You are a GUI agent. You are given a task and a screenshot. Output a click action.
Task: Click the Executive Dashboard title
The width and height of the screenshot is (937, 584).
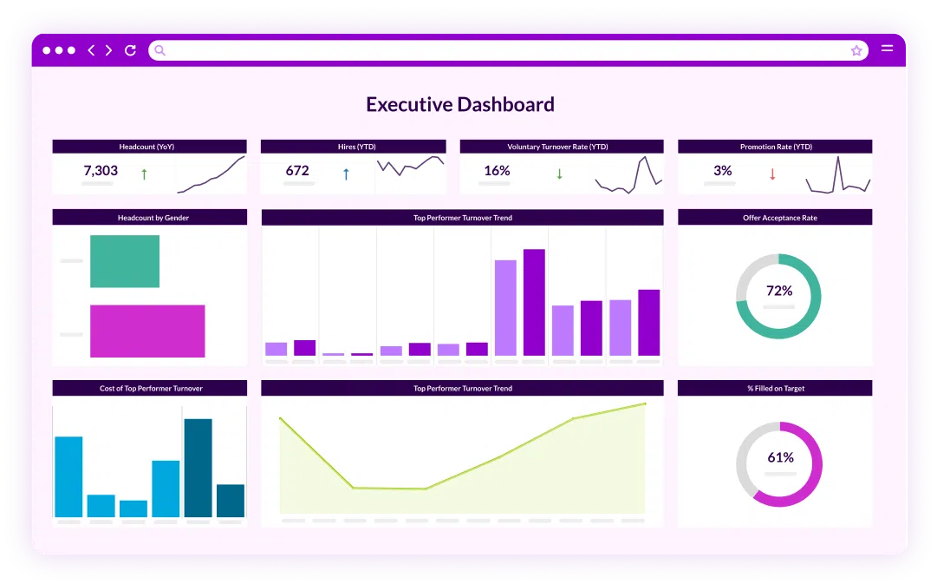(x=459, y=105)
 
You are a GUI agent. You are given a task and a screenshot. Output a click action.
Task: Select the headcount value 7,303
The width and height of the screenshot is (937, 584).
(x=101, y=171)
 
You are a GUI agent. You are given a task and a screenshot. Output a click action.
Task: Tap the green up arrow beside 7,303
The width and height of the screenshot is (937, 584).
(x=144, y=174)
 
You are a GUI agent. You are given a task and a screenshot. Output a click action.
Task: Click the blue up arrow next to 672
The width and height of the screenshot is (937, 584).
(x=346, y=174)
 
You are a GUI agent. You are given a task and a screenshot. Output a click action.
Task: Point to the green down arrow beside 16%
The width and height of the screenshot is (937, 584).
(x=559, y=174)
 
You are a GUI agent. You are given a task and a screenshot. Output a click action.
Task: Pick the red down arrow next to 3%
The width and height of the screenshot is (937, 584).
(x=772, y=174)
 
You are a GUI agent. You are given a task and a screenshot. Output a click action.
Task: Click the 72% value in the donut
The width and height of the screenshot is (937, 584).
(x=779, y=291)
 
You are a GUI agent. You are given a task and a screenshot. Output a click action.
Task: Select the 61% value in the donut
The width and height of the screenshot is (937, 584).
(x=780, y=457)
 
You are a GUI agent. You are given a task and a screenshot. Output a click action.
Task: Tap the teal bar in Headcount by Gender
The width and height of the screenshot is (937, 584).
(x=125, y=261)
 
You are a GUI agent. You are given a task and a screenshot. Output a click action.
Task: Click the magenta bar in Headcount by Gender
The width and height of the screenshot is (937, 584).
(x=147, y=331)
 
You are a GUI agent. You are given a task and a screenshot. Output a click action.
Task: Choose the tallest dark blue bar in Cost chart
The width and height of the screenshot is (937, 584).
(x=198, y=468)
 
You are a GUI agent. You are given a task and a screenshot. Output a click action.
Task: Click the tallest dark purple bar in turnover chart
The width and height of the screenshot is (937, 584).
(x=534, y=302)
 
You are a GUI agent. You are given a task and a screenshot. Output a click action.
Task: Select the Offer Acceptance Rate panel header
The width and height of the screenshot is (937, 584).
(x=775, y=218)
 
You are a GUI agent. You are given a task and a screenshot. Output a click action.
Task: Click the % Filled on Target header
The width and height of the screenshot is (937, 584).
(x=775, y=389)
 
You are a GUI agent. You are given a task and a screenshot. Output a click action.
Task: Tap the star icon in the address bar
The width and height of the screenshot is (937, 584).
(x=856, y=50)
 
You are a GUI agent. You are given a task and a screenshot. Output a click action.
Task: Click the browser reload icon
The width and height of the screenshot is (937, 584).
(x=130, y=50)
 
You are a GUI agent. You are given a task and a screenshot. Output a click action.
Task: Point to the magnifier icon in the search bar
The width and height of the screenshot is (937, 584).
(x=159, y=50)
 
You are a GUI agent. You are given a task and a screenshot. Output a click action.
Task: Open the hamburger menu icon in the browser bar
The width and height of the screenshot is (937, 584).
(x=887, y=49)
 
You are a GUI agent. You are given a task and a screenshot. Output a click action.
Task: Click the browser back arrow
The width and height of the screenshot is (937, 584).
(x=91, y=50)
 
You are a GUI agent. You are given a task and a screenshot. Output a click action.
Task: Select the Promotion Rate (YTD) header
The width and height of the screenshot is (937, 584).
(x=775, y=147)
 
